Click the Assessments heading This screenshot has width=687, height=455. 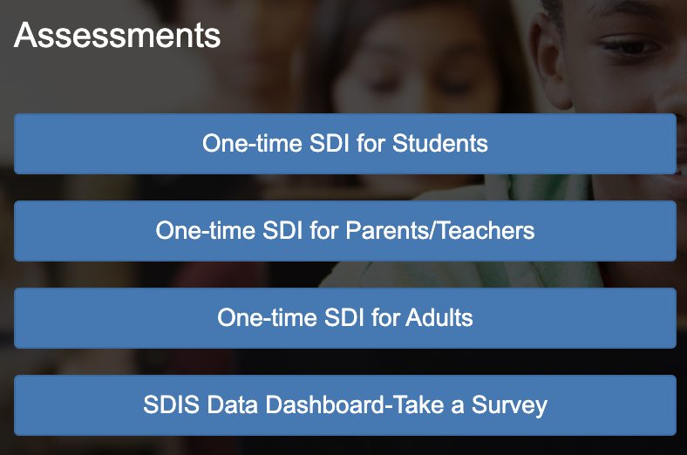118,36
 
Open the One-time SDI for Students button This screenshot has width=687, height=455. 345,144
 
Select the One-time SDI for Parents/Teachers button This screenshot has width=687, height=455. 345,231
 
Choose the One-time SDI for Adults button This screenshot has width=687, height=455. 345,318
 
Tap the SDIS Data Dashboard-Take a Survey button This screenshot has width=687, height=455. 345,405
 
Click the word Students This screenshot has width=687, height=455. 440,143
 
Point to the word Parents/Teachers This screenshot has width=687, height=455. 440,230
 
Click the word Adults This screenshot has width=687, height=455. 439,317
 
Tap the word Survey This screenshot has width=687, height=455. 509,405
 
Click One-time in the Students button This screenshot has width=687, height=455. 252,143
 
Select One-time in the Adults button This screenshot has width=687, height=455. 268,317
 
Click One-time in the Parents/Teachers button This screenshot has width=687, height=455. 206,230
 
